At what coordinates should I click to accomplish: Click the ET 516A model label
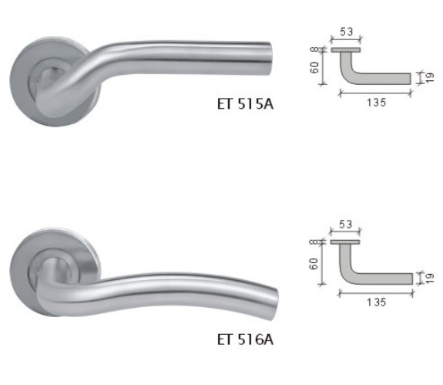(245, 338)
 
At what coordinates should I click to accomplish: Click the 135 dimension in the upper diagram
(375, 101)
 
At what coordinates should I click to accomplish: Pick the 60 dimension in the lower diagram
(314, 263)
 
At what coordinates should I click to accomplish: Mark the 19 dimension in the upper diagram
(429, 77)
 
